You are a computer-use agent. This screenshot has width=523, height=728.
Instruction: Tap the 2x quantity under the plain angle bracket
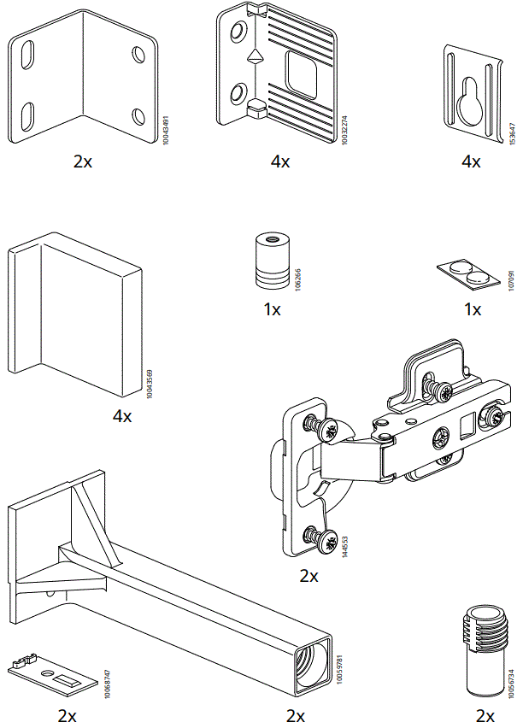82,161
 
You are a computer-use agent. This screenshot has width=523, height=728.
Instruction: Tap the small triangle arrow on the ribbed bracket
254,60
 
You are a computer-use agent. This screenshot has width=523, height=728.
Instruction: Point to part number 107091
510,281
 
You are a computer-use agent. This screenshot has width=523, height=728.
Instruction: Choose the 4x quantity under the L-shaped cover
122,416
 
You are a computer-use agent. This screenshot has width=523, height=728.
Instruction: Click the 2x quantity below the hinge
309,576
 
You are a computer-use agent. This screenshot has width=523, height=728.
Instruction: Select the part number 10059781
339,668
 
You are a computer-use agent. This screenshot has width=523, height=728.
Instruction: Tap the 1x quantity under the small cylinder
272,309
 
